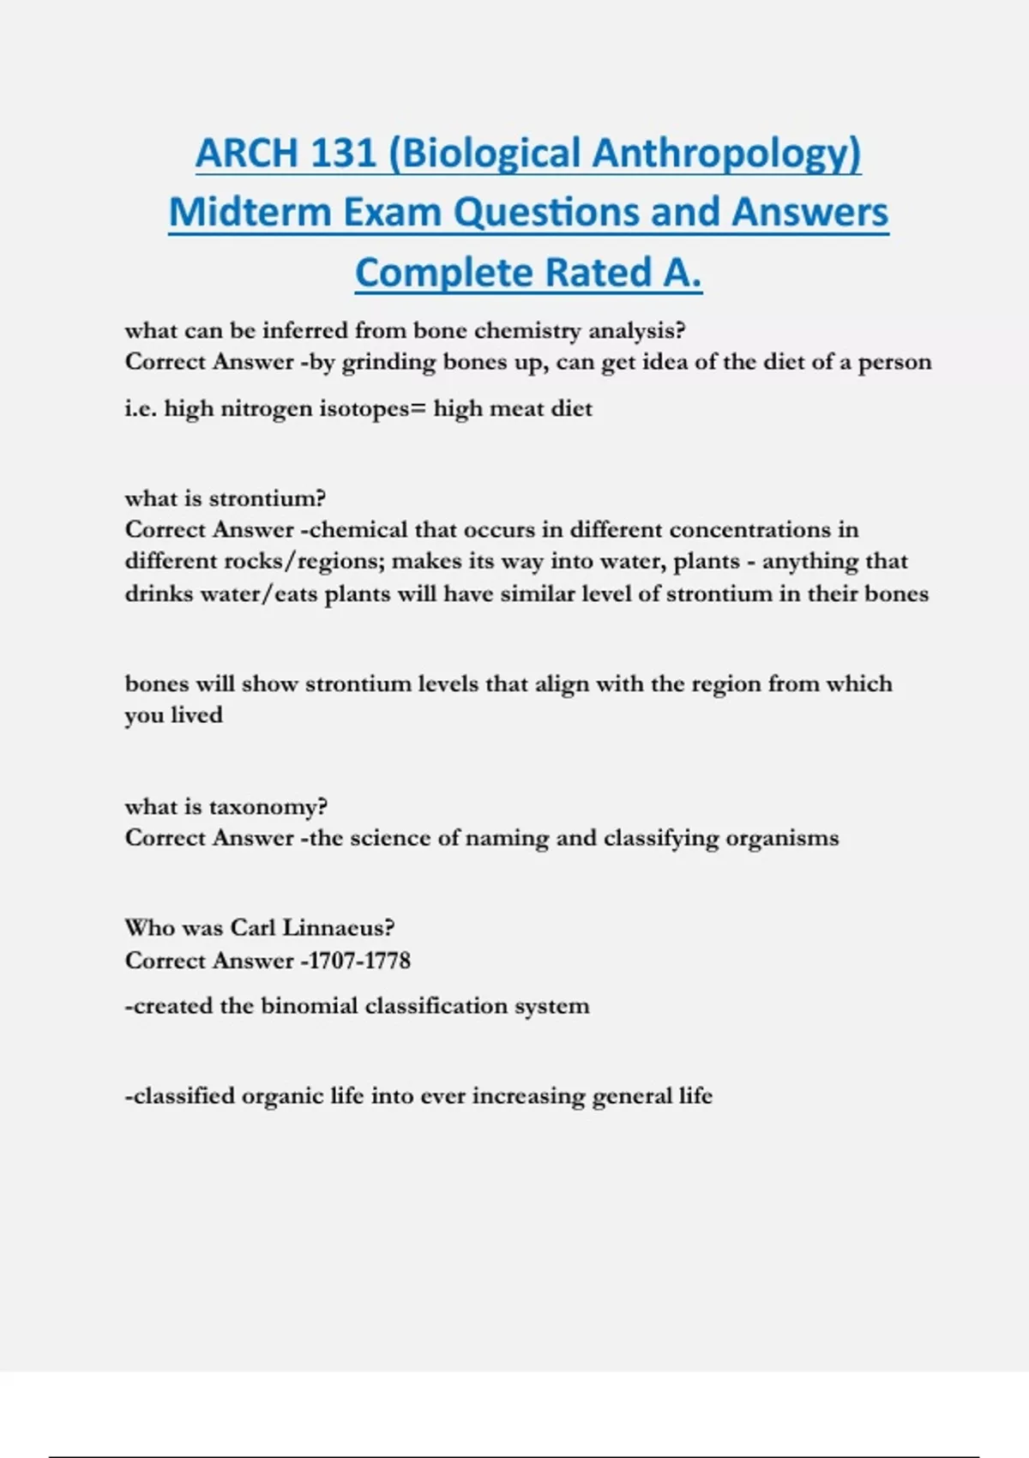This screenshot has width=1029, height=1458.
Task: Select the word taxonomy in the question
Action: (268, 808)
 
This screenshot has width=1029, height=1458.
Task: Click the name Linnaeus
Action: (338, 928)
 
